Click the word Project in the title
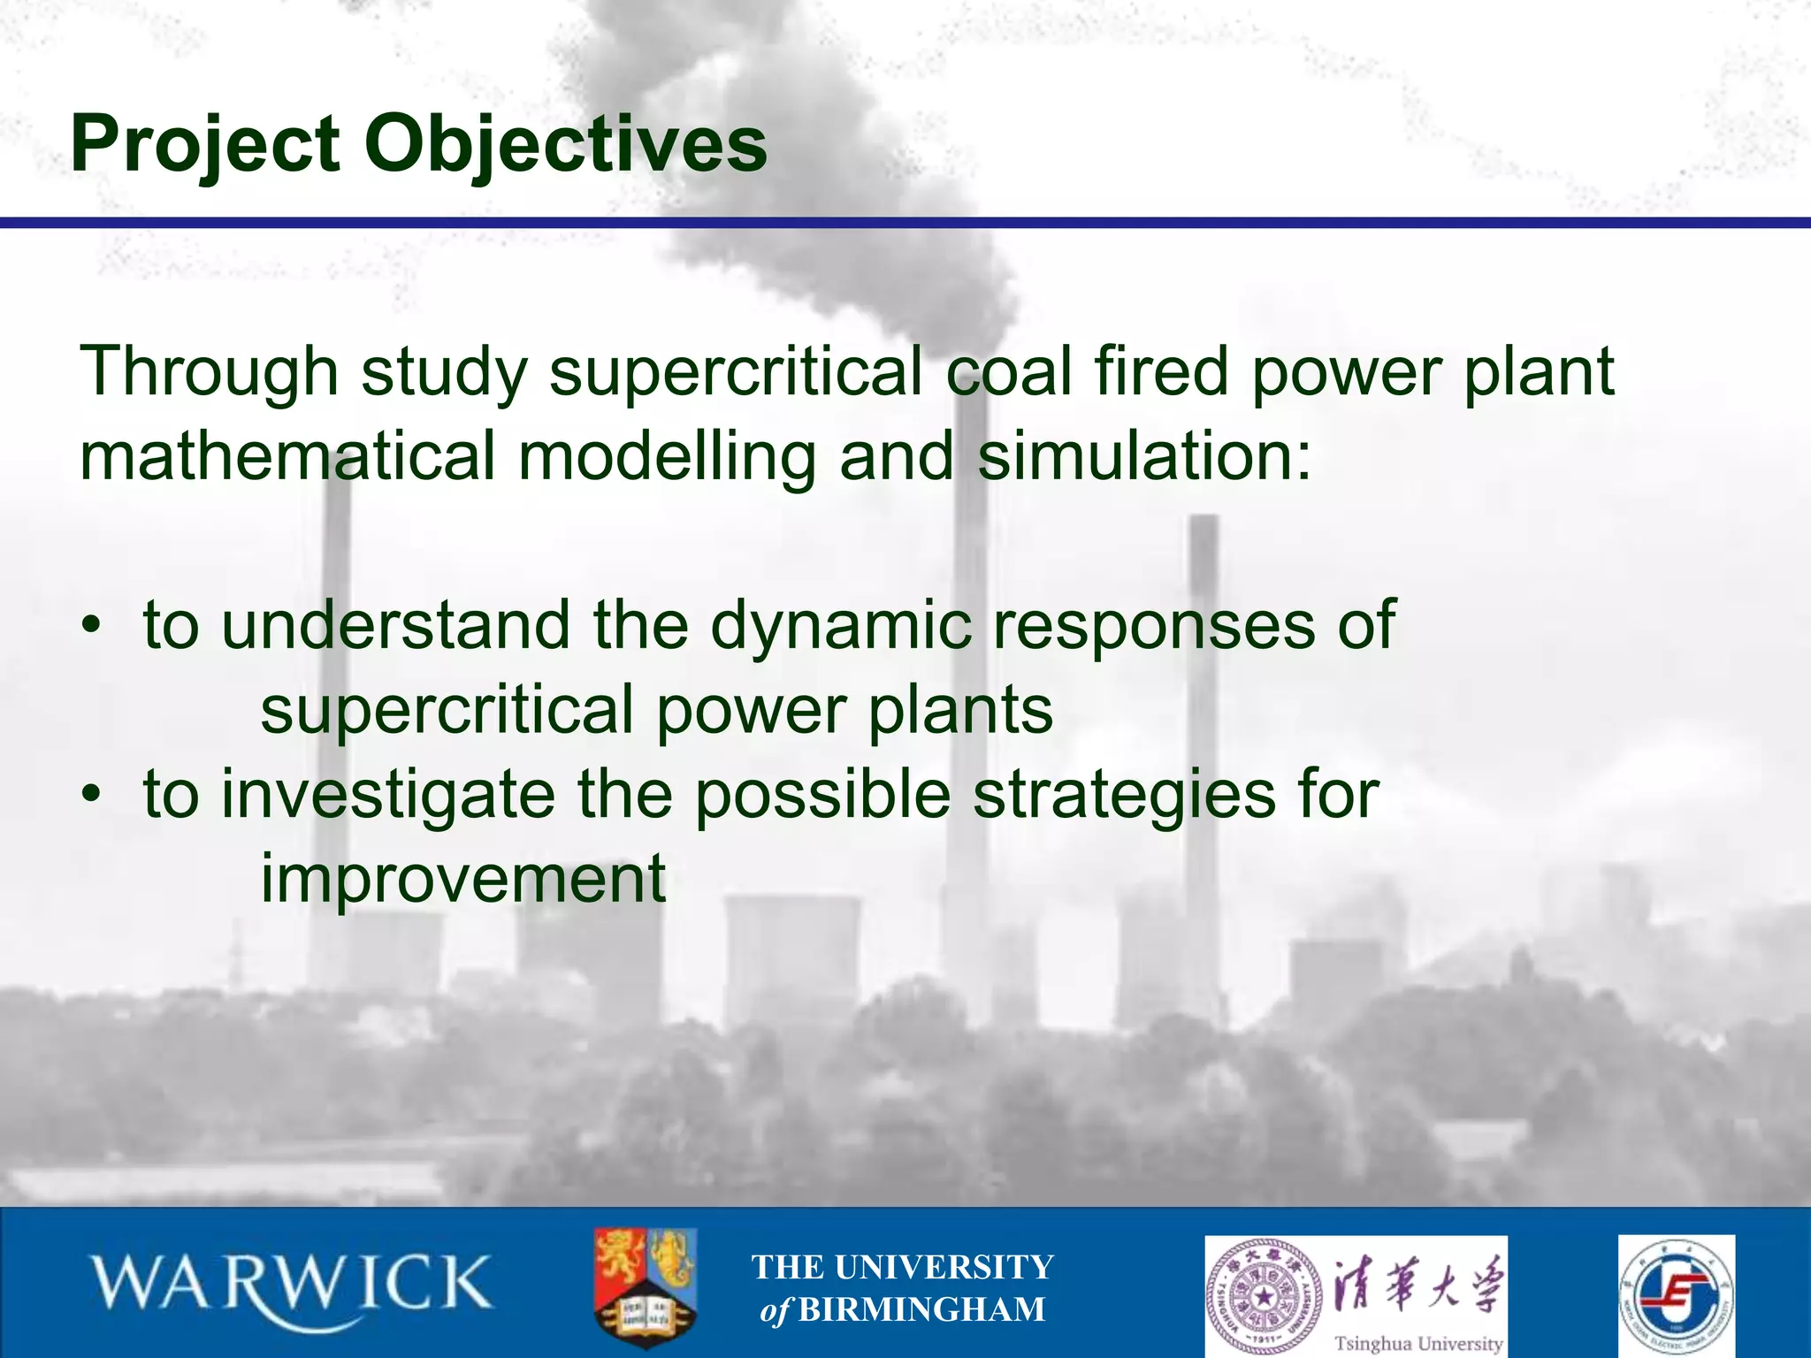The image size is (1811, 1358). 205,144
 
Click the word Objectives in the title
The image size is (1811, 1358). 566,144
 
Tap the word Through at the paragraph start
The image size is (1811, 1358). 209,371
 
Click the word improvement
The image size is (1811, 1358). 462,877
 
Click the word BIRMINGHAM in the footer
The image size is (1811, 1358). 921,1309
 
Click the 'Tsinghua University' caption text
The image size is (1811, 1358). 1418,1343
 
